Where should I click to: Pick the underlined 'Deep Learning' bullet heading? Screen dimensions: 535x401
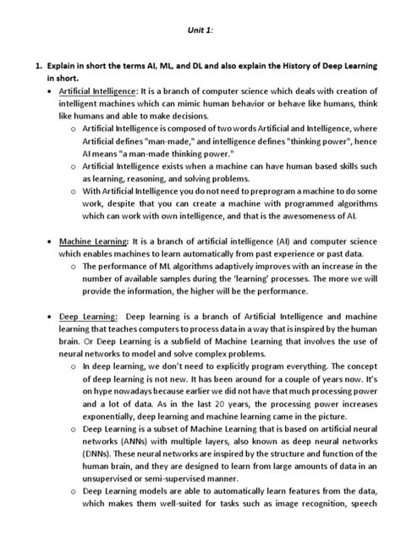85,339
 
